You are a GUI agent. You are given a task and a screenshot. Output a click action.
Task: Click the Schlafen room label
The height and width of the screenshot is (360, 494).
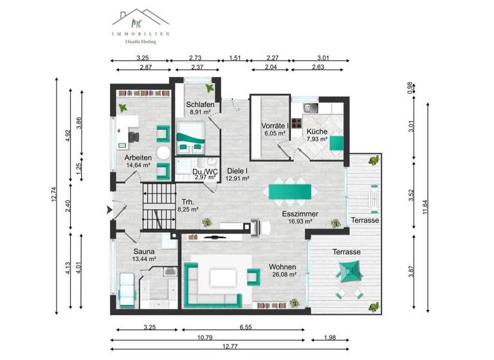pyautogui.click(x=200, y=105)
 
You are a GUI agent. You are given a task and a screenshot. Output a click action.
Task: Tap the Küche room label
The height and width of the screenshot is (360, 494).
pyautogui.click(x=316, y=131)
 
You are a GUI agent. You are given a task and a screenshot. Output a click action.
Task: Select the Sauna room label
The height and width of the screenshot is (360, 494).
pyautogui.click(x=145, y=251)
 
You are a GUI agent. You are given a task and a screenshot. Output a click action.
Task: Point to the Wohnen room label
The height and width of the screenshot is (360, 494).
pyautogui.click(x=283, y=266)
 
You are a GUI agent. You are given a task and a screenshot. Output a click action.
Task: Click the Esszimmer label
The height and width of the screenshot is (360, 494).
pyautogui.click(x=300, y=214)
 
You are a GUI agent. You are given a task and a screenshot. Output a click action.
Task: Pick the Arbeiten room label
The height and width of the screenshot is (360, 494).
pyautogui.click(x=138, y=157)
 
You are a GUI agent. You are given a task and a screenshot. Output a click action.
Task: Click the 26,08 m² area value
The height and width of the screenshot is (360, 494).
pyautogui.click(x=283, y=274)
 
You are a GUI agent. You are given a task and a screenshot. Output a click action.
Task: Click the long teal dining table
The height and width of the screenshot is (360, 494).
pyautogui.click(x=289, y=191)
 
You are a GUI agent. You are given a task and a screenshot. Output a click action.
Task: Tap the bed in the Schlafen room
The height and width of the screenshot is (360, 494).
pyautogui.click(x=192, y=137)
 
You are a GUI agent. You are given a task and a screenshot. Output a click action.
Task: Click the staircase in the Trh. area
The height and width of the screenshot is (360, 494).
pyautogui.click(x=158, y=206)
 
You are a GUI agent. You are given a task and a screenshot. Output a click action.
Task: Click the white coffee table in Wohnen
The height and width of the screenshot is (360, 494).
pyautogui.click(x=221, y=277)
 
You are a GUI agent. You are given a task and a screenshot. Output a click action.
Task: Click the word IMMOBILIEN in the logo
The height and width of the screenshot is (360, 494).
pyautogui.click(x=140, y=32)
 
